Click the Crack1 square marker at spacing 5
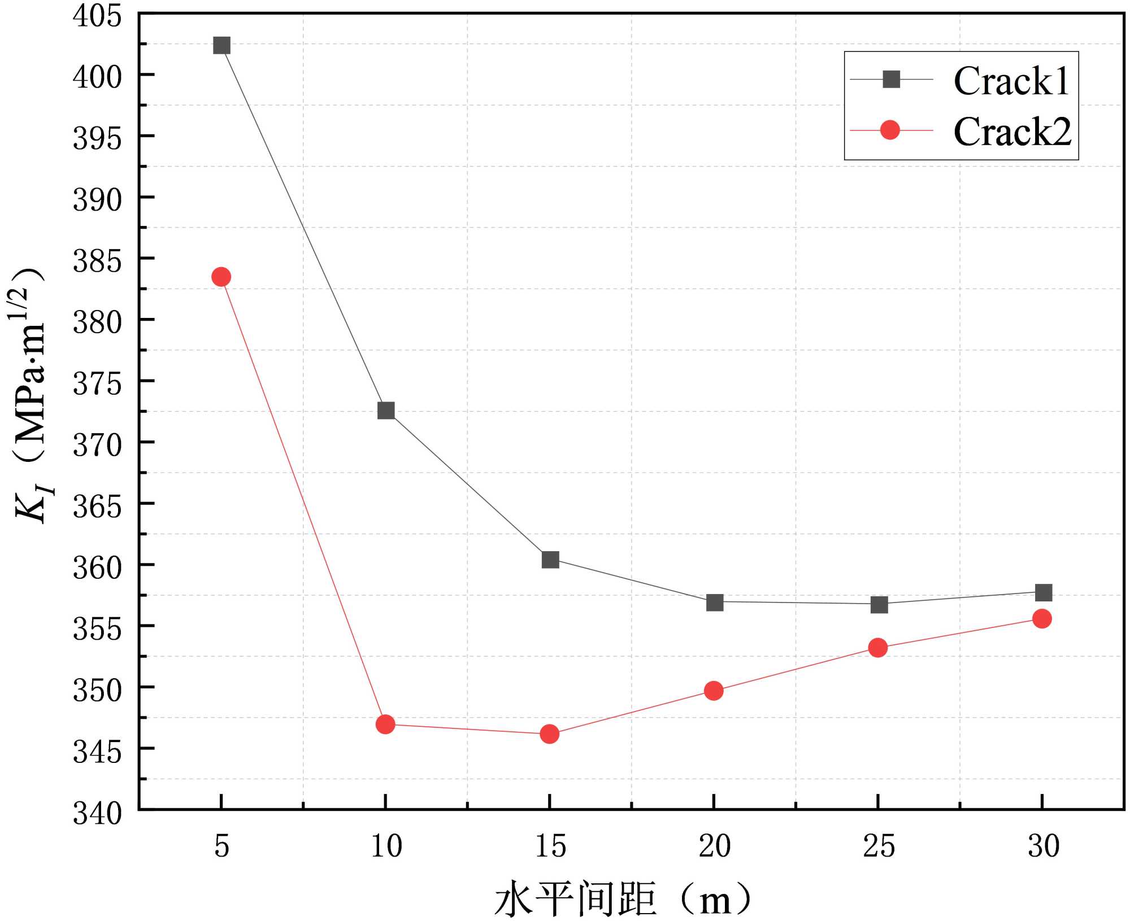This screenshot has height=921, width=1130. click(221, 45)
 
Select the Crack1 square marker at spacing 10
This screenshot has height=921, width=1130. click(386, 411)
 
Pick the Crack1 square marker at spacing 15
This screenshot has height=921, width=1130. click(550, 560)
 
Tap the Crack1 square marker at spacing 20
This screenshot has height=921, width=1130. click(715, 603)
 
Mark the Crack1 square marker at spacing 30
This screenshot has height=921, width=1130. click(1044, 592)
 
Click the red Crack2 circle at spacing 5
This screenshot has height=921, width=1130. click(221, 277)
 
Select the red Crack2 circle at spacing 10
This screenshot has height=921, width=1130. click(385, 724)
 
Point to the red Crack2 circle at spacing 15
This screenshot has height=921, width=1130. click(549, 734)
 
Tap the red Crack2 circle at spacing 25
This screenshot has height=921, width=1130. click(877, 648)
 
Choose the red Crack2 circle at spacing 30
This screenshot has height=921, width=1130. click(1042, 619)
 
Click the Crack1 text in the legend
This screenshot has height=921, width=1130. click(1011, 81)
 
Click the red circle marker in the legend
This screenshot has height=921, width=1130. click(890, 130)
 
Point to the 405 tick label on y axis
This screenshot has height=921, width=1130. click(97, 15)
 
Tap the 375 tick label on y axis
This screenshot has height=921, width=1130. click(97, 384)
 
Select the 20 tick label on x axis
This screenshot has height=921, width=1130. click(715, 846)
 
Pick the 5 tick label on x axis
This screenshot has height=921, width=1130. click(221, 846)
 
